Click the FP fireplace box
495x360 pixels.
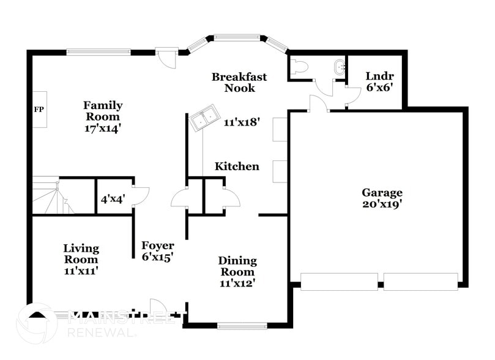pyautogui.click(x=40, y=111)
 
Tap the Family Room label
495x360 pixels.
pyautogui.click(x=103, y=111)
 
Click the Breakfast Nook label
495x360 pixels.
pyautogui.click(x=239, y=82)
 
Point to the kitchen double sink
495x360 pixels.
pyautogui.click(x=203, y=118)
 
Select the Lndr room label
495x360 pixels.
pyautogui.click(x=379, y=76)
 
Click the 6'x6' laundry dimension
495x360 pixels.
pyautogui.click(x=379, y=87)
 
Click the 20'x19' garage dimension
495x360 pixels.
pyautogui.click(x=382, y=204)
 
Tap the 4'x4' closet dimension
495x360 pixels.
pyautogui.click(x=114, y=198)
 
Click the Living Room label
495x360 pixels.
pyautogui.click(x=81, y=253)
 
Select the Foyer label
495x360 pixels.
pyautogui.click(x=158, y=246)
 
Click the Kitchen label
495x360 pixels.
pyautogui.click(x=236, y=167)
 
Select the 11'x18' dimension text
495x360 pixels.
pyautogui.click(x=242, y=122)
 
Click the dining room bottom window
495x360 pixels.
pyautogui.click(x=238, y=326)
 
